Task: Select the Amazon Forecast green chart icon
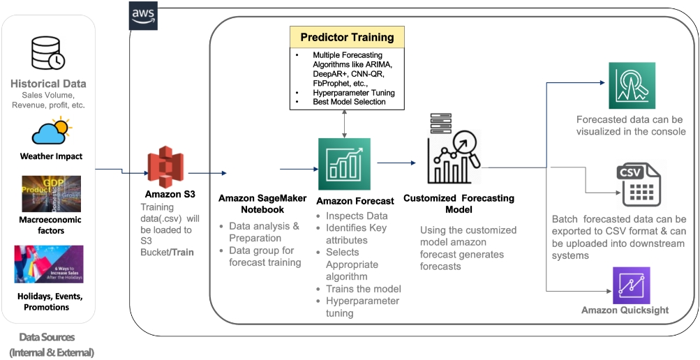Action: (344, 164)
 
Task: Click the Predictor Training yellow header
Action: (347, 37)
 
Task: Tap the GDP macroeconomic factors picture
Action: (52, 194)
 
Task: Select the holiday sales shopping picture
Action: (49, 264)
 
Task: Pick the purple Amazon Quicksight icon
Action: (631, 285)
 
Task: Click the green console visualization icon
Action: (632, 84)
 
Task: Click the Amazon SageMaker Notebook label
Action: (262, 204)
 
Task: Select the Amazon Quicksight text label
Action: (625, 310)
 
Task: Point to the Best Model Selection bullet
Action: (348, 102)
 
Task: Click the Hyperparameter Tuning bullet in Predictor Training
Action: (353, 93)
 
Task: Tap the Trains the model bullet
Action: (363, 289)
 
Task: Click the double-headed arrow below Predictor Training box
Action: (344, 123)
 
